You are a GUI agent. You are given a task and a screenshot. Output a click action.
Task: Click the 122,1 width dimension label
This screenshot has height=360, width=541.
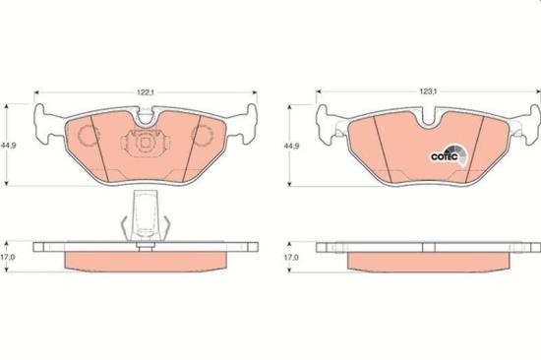[146, 92]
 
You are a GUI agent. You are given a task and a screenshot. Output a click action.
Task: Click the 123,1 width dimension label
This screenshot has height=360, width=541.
[428, 91]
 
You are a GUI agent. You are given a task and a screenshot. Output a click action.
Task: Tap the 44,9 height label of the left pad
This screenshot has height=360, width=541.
[9, 146]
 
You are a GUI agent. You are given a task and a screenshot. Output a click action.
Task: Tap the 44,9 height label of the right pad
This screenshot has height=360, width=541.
[292, 146]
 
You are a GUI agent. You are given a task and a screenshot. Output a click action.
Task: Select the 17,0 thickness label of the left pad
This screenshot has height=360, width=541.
[8, 257]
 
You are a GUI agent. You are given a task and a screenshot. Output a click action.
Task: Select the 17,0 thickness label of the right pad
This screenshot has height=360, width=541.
[291, 257]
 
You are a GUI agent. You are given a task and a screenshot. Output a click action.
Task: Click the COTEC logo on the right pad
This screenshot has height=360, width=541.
[449, 155]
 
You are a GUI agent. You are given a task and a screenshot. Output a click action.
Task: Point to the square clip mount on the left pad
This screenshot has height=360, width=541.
[146, 143]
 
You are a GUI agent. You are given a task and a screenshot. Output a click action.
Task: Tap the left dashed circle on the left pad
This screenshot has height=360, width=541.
[89, 136]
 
